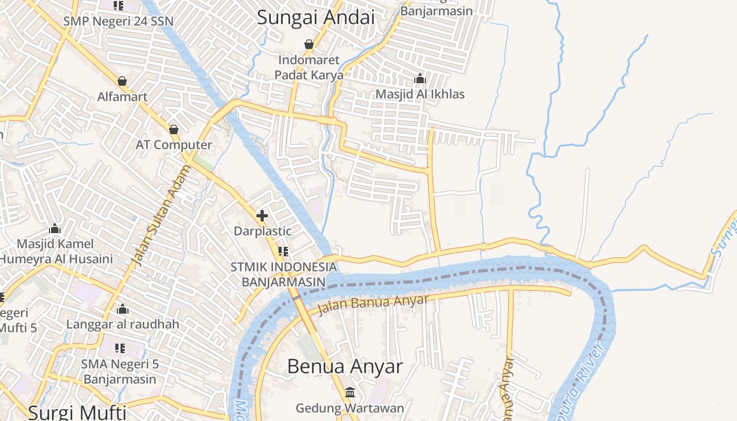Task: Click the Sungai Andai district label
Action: click(x=316, y=17)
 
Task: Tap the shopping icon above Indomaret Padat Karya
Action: click(x=309, y=44)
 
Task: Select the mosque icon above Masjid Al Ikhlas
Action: click(x=420, y=79)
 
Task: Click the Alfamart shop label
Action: click(x=122, y=97)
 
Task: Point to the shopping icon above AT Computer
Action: click(x=174, y=129)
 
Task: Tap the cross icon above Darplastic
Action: click(x=262, y=215)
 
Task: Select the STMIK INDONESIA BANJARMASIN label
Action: click(x=283, y=274)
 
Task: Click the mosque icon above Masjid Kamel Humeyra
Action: click(x=55, y=229)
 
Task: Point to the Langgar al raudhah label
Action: click(x=123, y=324)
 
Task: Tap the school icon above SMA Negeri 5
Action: click(x=120, y=348)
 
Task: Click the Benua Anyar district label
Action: click(x=345, y=366)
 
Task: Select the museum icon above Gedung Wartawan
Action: click(x=350, y=393)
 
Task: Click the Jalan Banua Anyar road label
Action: click(x=373, y=304)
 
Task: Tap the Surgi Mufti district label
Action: click(x=77, y=412)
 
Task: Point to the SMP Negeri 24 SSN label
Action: click(x=118, y=22)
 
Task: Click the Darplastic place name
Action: click(x=262, y=231)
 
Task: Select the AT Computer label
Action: click(x=174, y=145)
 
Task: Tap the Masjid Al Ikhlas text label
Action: click(x=420, y=94)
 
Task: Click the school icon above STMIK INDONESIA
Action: click(x=283, y=252)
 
